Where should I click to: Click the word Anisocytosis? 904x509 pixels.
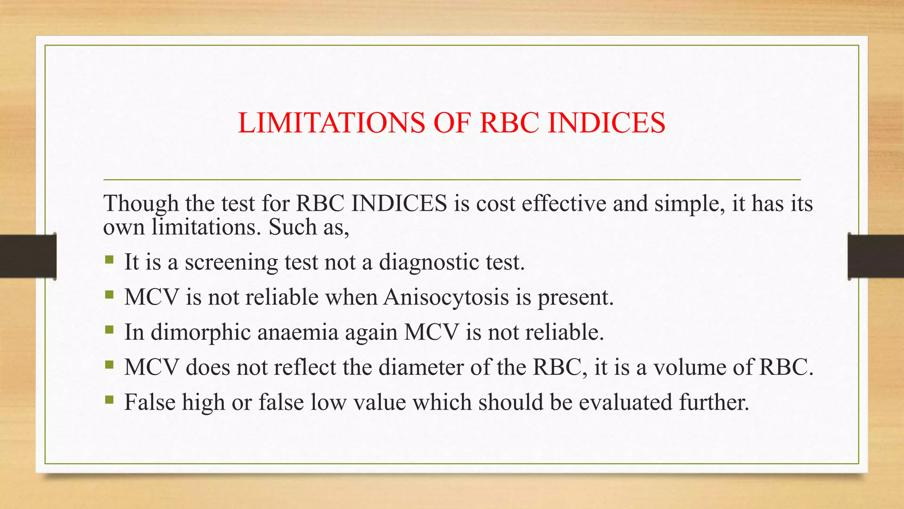pos(446,297)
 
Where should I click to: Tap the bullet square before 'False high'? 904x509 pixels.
pos(109,400)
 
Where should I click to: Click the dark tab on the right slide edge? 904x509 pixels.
pos(876,256)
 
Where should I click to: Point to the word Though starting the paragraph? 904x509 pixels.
pos(141,204)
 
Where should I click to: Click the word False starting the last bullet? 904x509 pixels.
pos(150,403)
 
